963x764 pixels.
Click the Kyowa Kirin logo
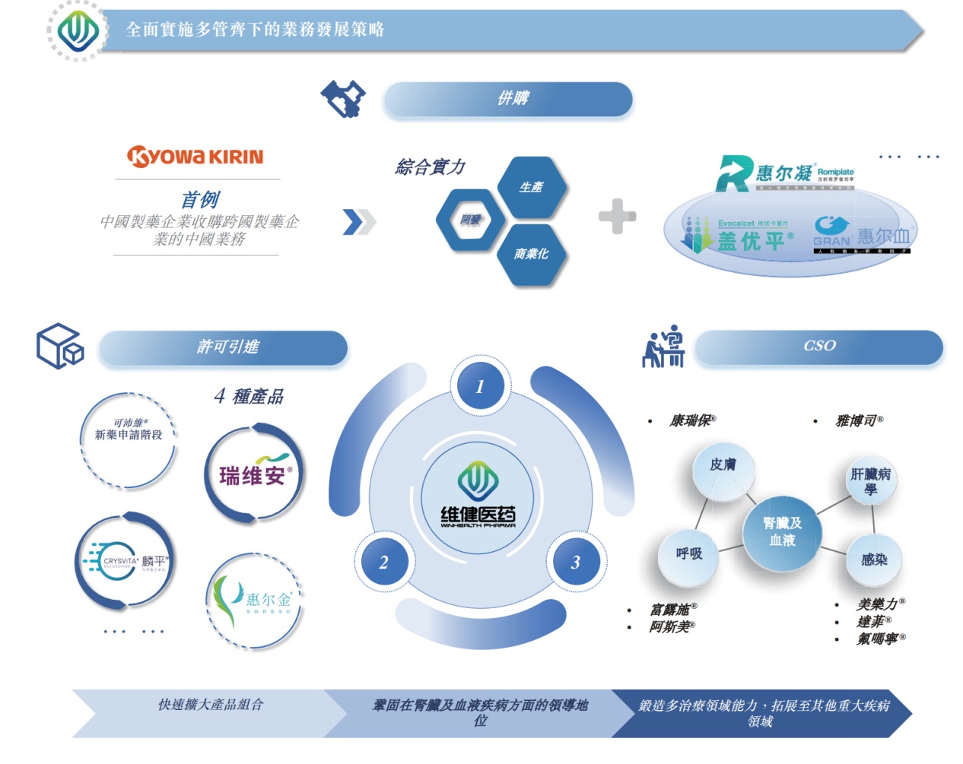click(195, 157)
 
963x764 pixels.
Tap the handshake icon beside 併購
click(343, 99)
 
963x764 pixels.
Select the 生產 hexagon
click(532, 187)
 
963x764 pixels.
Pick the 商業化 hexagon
click(532, 254)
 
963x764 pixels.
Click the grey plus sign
click(617, 217)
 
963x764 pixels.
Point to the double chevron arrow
click(359, 221)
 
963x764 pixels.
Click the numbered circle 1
click(480, 387)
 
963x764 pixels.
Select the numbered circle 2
click(383, 563)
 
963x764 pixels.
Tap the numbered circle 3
click(575, 563)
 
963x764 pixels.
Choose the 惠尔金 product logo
click(256, 600)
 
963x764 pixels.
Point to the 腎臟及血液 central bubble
click(782, 531)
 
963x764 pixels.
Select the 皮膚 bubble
click(723, 465)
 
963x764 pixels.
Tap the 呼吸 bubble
click(689, 554)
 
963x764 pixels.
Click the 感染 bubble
click(874, 560)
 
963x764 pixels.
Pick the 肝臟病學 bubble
click(871, 481)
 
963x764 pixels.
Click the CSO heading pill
click(818, 347)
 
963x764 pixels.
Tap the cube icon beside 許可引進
click(60, 347)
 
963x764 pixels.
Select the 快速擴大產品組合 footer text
click(211, 705)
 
